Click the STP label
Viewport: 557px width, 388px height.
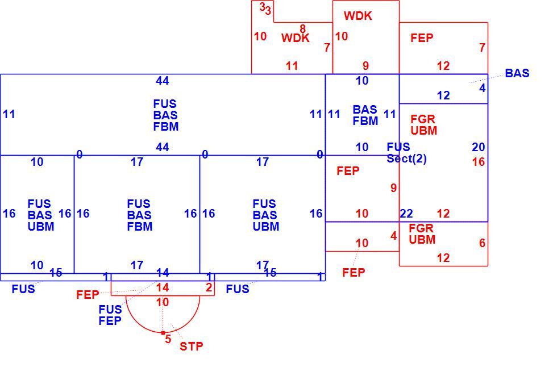(x=192, y=346)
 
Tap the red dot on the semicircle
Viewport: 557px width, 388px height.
(x=163, y=333)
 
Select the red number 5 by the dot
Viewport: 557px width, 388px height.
(x=168, y=339)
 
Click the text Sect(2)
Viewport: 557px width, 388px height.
(x=407, y=158)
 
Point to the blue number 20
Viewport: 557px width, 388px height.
(x=479, y=147)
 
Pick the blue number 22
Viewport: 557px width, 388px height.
(x=406, y=214)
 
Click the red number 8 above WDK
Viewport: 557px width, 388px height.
(x=302, y=28)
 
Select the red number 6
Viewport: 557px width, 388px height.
(x=482, y=243)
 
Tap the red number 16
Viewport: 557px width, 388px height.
(x=479, y=162)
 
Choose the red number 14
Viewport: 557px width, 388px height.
(x=163, y=287)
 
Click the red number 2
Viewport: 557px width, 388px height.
(x=209, y=287)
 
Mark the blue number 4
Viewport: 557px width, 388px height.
(x=482, y=88)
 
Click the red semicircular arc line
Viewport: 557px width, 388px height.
(x=163, y=333)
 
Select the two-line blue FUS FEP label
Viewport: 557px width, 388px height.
(x=110, y=315)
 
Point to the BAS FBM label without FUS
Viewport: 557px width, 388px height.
(x=365, y=115)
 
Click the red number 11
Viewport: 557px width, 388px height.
(x=292, y=66)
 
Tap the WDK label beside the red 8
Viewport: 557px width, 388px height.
(x=295, y=38)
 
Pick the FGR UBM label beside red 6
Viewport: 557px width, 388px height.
(x=422, y=234)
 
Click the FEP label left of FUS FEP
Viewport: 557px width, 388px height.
(x=88, y=295)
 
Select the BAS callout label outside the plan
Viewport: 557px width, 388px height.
(x=517, y=73)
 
